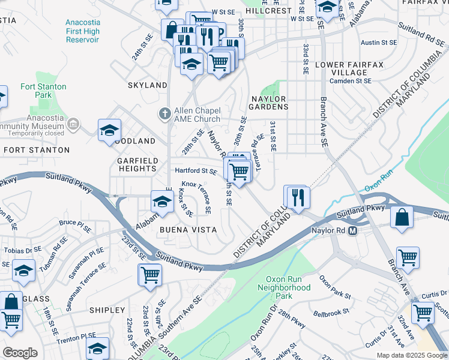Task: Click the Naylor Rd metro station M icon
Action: click(x=353, y=231)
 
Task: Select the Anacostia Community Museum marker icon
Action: click(x=73, y=124)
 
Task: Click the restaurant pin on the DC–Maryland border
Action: click(x=297, y=196)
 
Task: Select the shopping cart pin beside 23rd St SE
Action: click(x=150, y=275)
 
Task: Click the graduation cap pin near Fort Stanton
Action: click(x=110, y=130)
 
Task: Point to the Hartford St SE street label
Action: click(x=196, y=171)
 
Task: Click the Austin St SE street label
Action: click(x=379, y=43)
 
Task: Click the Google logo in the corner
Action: click(x=20, y=353)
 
